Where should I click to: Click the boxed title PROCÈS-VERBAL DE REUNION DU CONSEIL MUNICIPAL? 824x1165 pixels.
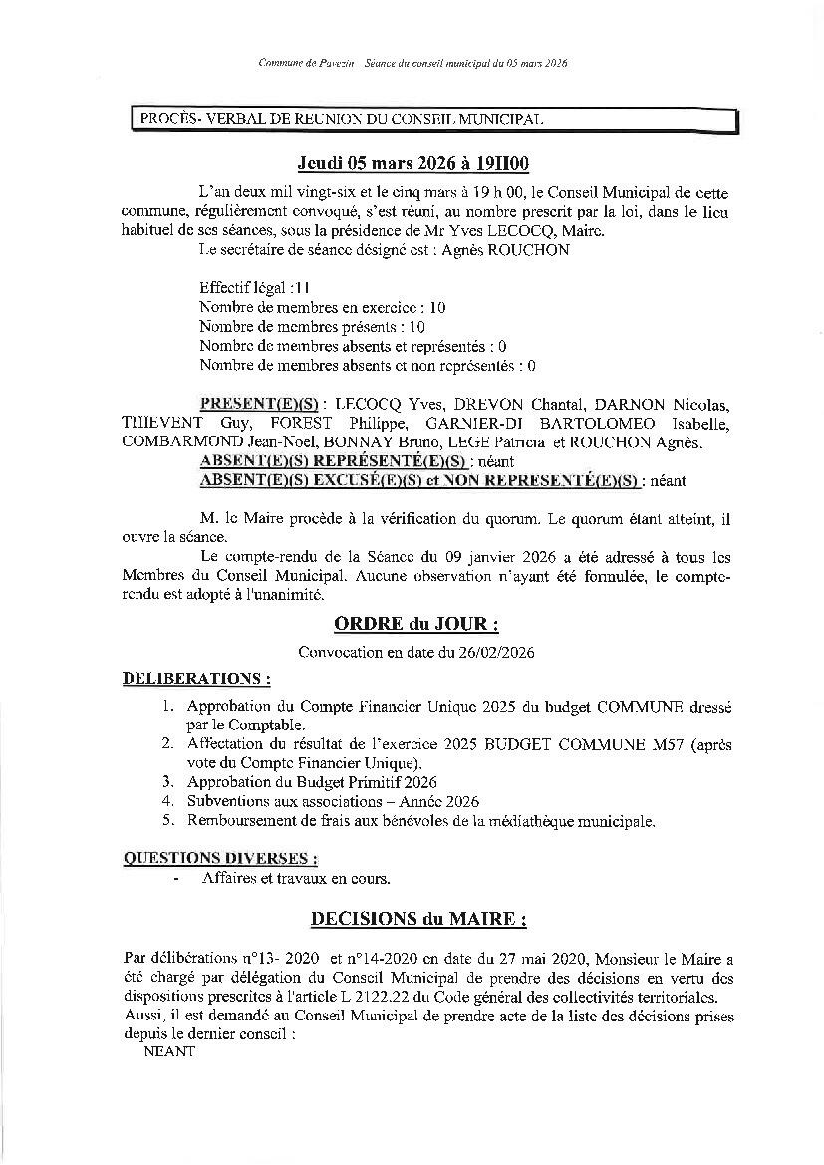coord(338,120)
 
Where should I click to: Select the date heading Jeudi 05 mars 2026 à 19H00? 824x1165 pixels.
coord(412,164)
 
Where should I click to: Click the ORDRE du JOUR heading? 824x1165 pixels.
coord(412,625)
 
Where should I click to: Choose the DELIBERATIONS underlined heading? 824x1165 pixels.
coord(196,679)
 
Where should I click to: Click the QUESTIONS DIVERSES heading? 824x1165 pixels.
coord(220,858)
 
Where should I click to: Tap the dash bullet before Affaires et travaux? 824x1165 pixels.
coord(176,878)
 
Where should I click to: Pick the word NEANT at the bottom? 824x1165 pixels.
coord(170,1051)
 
